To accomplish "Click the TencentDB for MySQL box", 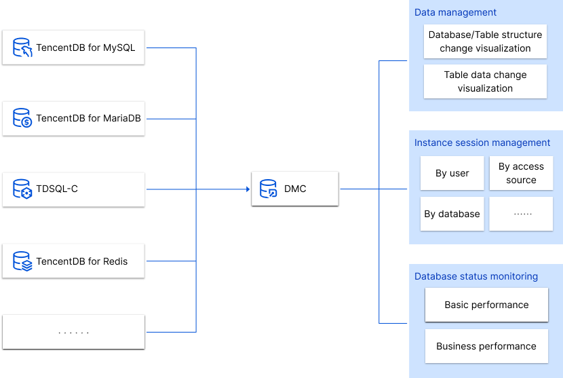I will point(73,48).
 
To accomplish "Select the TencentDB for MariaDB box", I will point(73,118).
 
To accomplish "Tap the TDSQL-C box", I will point(73,189).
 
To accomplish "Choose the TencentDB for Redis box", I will point(73,261).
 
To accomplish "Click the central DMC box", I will point(294,189).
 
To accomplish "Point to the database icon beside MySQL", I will point(22,48).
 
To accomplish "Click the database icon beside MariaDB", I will point(22,118).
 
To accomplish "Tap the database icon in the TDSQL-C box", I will point(22,189).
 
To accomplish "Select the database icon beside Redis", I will point(22,261).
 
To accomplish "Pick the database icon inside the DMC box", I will point(269,189).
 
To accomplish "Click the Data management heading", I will point(455,12).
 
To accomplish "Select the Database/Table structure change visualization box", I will point(485,41).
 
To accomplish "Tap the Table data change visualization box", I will point(485,81).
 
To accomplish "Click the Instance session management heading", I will point(482,143).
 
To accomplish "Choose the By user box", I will point(452,173).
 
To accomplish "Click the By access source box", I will point(521,173).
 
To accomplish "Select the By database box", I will point(452,214).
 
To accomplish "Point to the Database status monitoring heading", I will point(476,276).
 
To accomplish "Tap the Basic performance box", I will point(486,305).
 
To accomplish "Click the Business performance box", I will point(486,346).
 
